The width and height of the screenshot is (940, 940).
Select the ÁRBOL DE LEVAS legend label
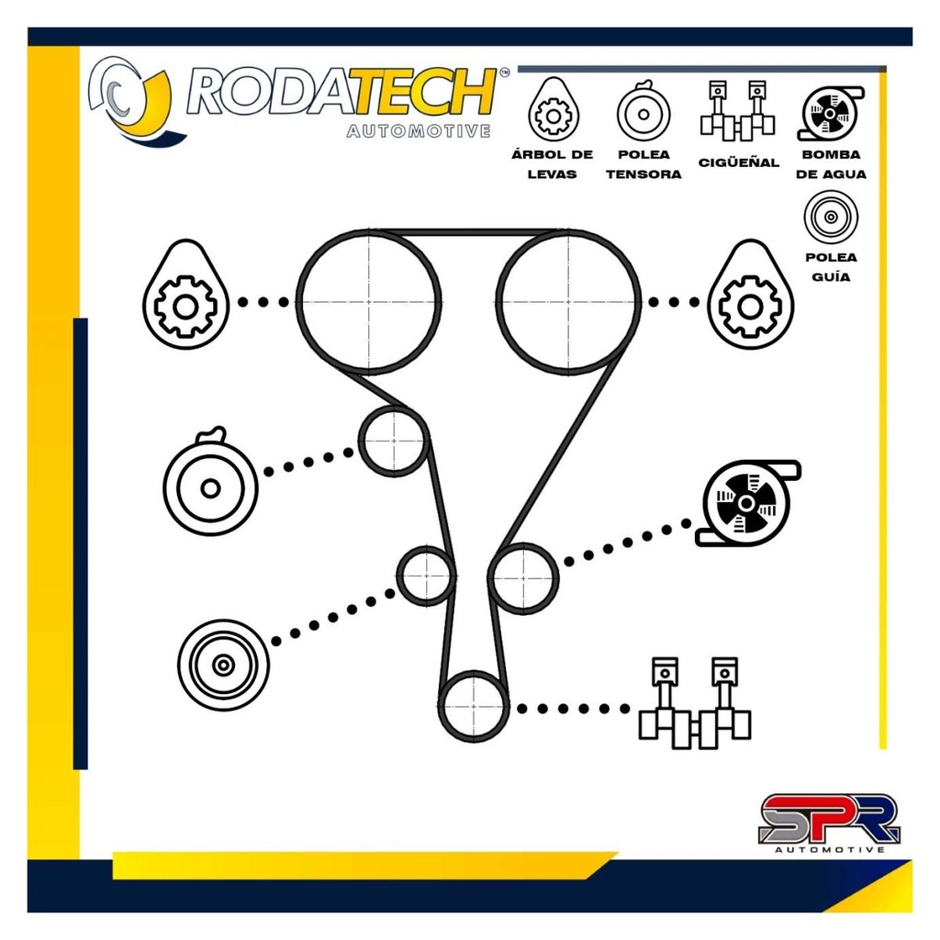point(552,164)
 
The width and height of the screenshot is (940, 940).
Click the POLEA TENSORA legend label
point(643,164)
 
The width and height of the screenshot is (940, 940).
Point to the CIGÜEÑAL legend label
point(739,162)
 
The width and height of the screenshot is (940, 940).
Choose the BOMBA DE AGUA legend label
point(831,164)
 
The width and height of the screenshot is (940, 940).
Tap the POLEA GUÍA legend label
point(831,267)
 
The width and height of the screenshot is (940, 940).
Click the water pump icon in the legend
point(831,113)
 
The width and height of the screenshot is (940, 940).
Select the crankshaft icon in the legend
point(737,111)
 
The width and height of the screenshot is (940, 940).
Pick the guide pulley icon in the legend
point(831,217)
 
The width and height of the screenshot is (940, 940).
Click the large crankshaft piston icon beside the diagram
point(695,702)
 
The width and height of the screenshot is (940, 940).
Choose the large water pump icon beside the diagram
point(748,503)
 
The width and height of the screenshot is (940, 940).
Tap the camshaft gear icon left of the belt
point(185,295)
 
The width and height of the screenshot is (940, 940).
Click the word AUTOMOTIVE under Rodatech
point(419,130)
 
